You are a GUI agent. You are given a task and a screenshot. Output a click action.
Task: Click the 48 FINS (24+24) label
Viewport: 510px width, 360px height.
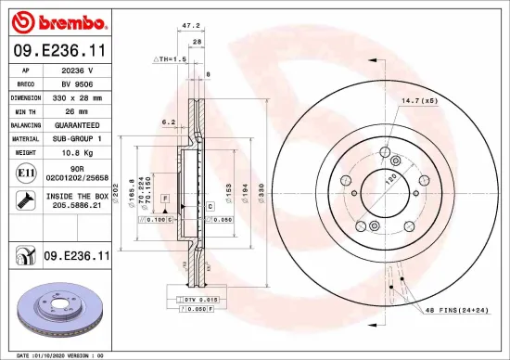point(452,310)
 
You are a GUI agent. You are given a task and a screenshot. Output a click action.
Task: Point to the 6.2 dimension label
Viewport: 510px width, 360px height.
point(168,122)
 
